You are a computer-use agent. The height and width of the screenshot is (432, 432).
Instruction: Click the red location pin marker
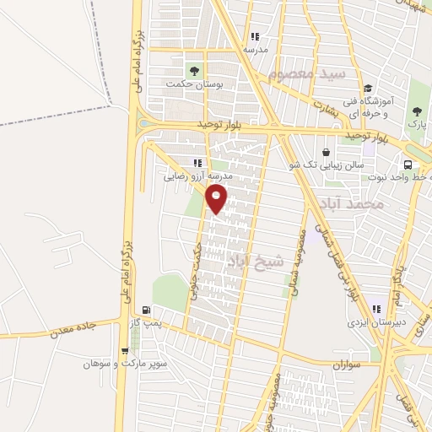[217, 199]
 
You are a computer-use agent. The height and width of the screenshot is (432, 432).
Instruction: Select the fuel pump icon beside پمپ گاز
[148, 310]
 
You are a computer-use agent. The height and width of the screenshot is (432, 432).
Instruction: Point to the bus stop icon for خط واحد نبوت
[408, 165]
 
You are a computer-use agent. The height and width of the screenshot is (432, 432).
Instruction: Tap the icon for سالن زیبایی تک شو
[295, 165]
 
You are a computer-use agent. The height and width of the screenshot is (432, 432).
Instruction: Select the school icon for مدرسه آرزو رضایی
[197, 164]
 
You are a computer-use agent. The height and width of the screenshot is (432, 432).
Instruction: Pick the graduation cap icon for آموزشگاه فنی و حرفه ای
[367, 88]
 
